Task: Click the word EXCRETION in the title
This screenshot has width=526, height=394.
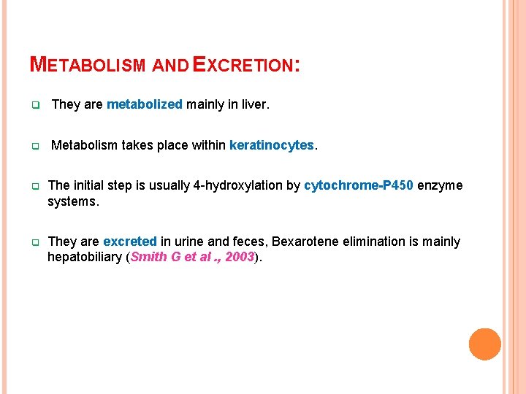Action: [x=243, y=65]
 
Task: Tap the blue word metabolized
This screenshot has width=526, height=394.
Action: [x=144, y=104]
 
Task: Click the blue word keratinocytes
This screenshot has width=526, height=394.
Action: [x=272, y=145]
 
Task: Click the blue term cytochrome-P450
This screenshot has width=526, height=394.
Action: [x=359, y=185]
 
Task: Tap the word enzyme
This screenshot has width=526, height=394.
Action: [x=440, y=185]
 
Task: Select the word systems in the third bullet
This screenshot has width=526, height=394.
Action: [x=72, y=201]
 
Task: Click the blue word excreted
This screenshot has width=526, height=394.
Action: [x=129, y=242]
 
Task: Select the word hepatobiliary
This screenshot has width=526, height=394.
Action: [x=85, y=257]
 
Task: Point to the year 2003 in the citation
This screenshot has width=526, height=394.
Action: [x=239, y=257]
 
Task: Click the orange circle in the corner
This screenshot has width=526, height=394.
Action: [x=484, y=344]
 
